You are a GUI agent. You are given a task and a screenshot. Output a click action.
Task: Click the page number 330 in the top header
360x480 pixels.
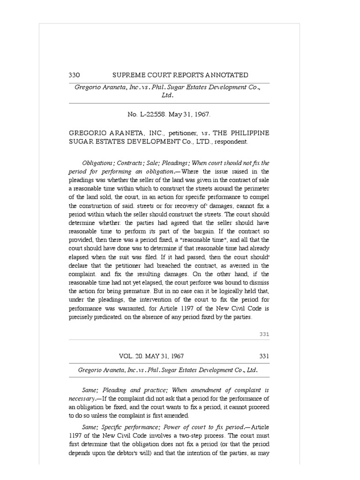coord(75,75)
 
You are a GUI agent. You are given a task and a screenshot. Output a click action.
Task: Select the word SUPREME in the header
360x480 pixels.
coord(128,75)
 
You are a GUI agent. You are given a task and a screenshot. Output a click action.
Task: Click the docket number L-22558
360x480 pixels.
coord(154,114)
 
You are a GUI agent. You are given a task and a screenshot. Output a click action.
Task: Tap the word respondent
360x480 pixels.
coord(231,141)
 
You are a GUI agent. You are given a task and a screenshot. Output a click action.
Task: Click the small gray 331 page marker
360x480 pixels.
coord(264,334)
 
